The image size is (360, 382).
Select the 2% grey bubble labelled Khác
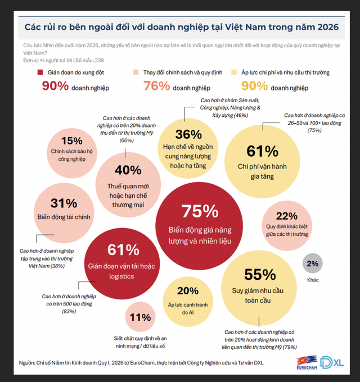click(x=313, y=263)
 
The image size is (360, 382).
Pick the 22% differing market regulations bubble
click(x=286, y=223)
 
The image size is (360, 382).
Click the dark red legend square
click(x=39, y=72)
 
